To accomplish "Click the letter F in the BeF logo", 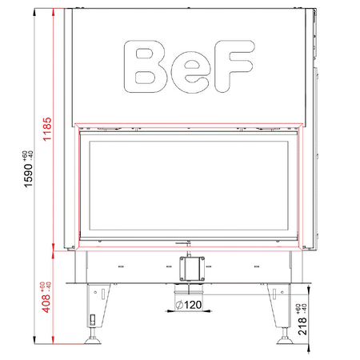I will point(226,66).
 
